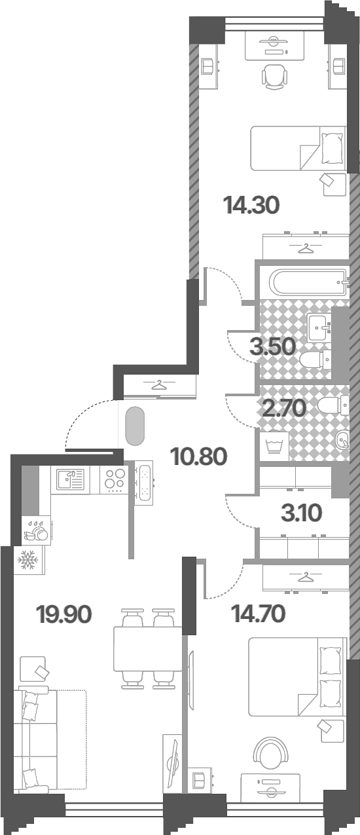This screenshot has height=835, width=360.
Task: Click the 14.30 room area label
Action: (251, 206)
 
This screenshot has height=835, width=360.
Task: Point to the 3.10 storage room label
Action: (301, 513)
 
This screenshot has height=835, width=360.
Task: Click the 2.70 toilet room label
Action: (284, 408)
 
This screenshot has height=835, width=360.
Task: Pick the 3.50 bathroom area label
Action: (273, 347)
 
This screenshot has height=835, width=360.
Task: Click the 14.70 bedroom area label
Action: (259, 614)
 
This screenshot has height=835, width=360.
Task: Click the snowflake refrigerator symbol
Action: (29, 561)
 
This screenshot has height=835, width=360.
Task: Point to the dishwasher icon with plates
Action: (37, 530)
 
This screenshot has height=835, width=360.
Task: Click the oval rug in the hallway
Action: (135, 426)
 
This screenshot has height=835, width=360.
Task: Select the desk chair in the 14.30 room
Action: (275, 77)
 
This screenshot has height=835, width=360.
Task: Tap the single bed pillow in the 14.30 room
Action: (331, 148)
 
